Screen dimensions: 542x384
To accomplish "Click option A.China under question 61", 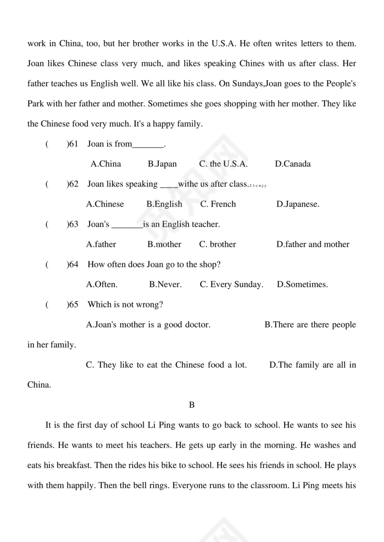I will [106, 164].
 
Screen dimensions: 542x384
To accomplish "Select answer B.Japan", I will [162, 164].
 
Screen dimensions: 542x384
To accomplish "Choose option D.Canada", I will [293, 164].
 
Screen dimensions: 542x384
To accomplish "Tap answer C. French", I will [218, 204].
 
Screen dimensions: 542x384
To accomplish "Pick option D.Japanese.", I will [298, 204].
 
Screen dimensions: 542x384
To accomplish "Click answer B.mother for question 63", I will [164, 244].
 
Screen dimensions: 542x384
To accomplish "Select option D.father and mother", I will [313, 244].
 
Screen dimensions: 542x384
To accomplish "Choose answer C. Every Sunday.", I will [231, 284].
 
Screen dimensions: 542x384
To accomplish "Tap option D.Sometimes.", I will [302, 284].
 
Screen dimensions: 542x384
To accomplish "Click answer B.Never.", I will [165, 284].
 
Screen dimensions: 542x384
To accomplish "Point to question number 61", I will [73, 144].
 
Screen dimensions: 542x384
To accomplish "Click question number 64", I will [73, 265].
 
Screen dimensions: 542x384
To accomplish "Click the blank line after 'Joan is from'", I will [148, 145].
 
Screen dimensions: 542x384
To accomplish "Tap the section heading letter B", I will [192, 405].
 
